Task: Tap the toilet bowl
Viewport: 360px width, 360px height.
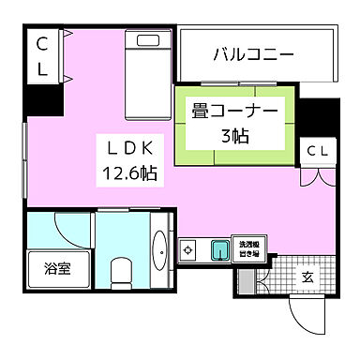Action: pos(120,272)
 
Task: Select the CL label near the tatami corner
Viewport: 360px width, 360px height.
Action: pos(317,151)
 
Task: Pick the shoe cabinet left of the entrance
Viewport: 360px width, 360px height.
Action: pos(246,279)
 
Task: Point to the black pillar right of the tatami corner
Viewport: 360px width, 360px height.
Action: pos(318,117)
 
